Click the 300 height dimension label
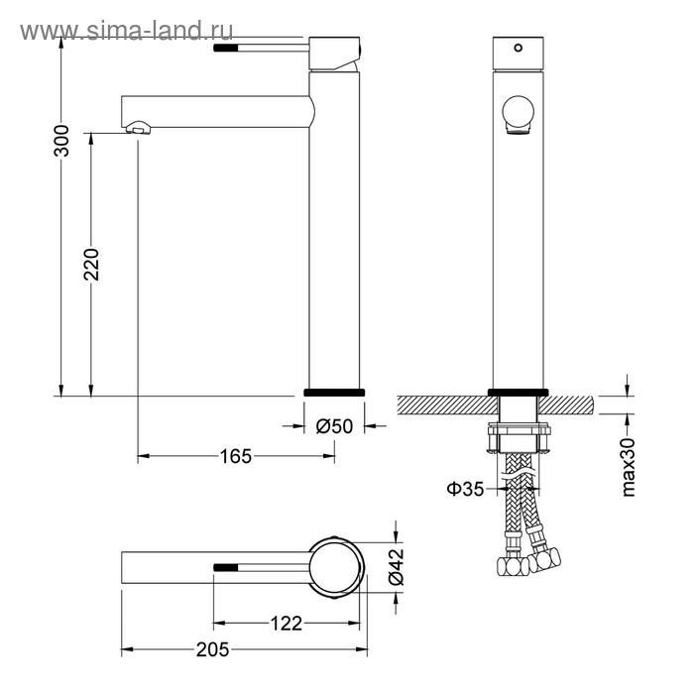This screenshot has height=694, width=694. coord(61,141)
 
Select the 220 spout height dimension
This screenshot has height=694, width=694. coord(91,265)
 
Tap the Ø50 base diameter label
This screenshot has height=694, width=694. coord(334,426)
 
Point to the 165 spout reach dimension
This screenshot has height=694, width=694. coord(236,456)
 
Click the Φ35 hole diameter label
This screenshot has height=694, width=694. coord(465,489)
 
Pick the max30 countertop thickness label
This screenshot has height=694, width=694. coord(628,467)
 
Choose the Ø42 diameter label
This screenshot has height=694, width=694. coord(397,567)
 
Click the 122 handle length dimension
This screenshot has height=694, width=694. coord(286,624)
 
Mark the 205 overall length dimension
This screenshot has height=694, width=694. coord(213,649)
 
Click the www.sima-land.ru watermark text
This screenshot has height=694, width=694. coord(127,31)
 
